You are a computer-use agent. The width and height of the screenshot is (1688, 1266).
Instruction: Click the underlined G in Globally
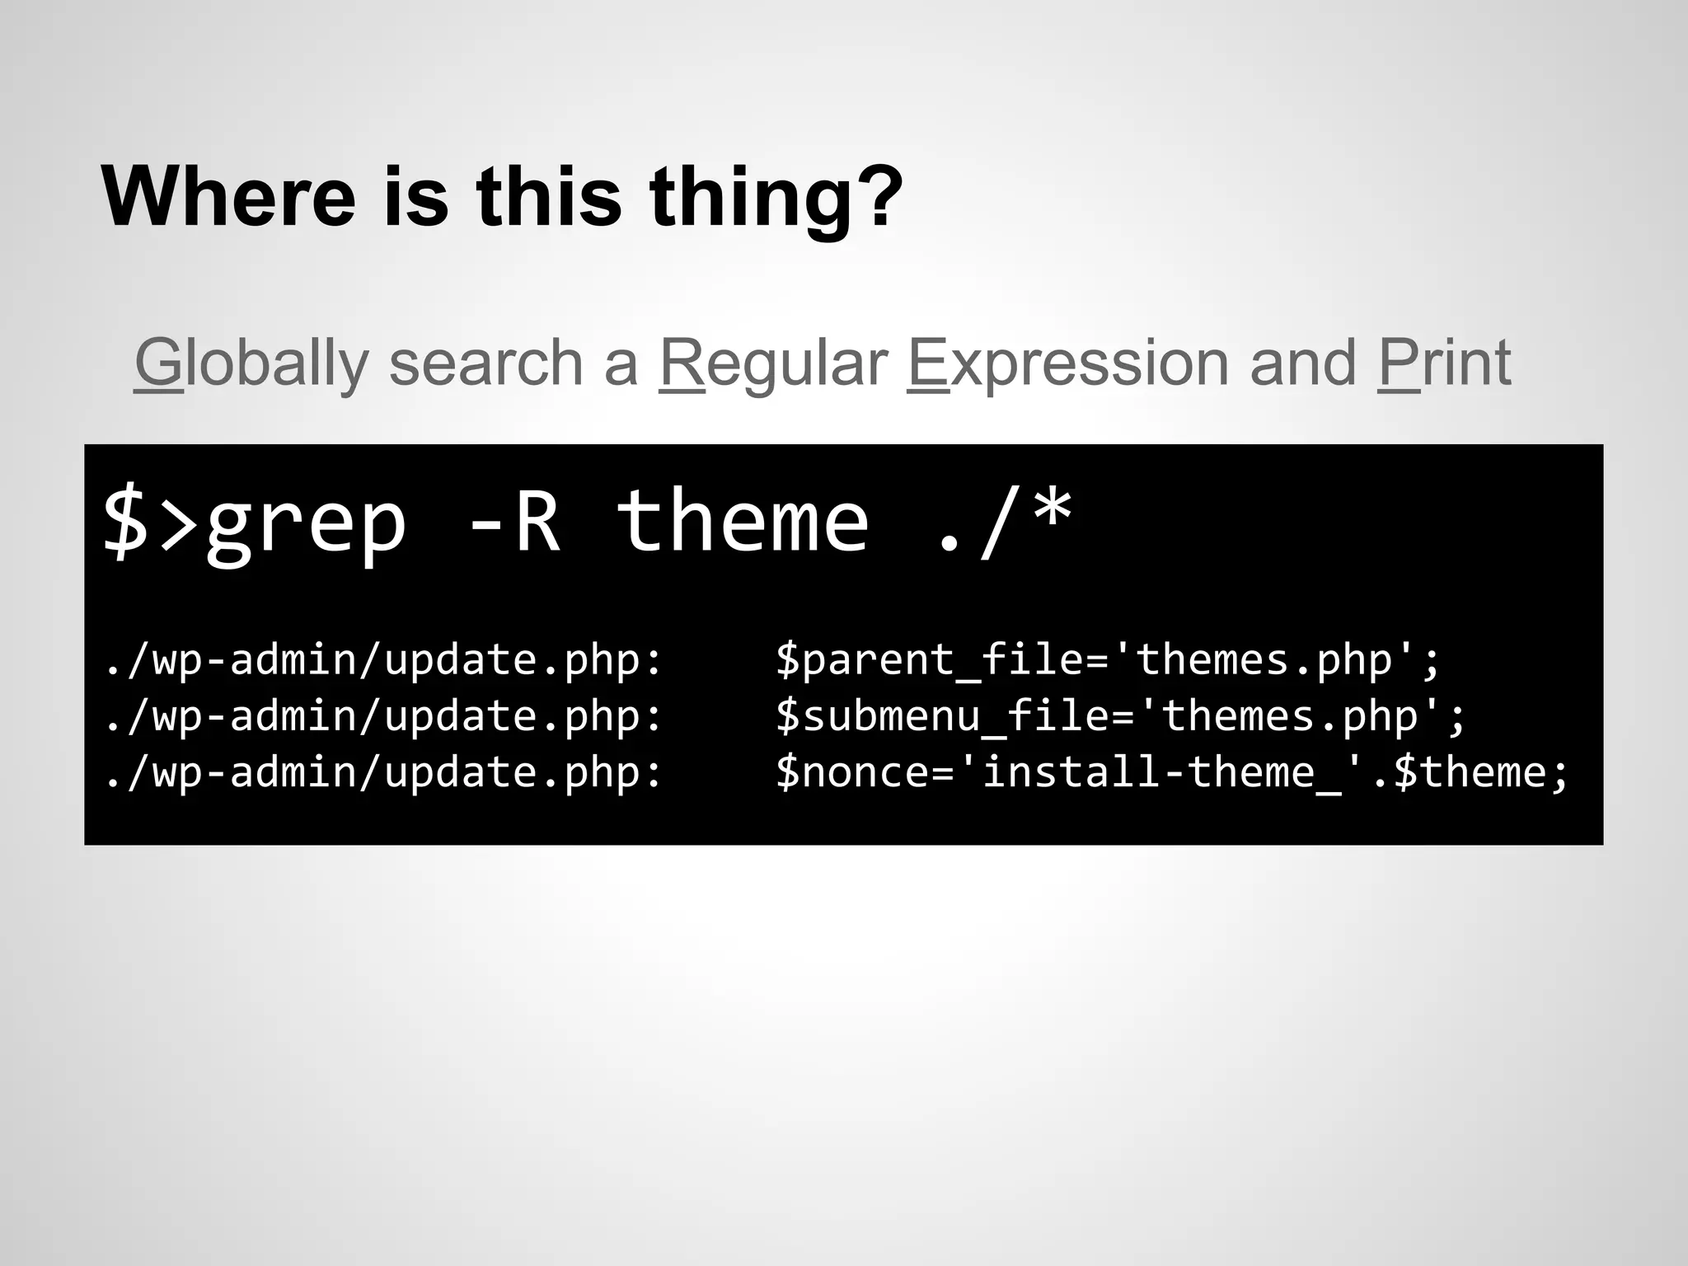click(158, 363)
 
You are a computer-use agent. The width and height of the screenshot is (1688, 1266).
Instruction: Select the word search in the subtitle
click(485, 363)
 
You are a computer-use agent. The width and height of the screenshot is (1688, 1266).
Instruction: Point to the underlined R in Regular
click(682, 363)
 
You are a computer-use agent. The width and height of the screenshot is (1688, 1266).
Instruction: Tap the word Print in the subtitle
click(1444, 363)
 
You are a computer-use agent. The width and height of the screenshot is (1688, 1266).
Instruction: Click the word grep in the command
click(306, 523)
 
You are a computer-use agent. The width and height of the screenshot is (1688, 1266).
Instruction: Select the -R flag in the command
click(513, 521)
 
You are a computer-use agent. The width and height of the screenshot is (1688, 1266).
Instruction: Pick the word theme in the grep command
click(743, 521)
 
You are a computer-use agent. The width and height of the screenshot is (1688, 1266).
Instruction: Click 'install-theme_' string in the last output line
click(1161, 772)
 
